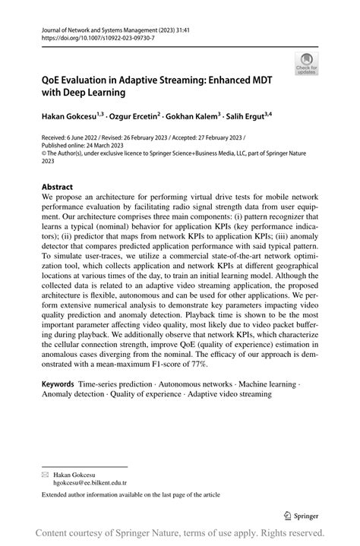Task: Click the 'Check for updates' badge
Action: (307, 64)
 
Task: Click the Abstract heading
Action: (58, 187)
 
